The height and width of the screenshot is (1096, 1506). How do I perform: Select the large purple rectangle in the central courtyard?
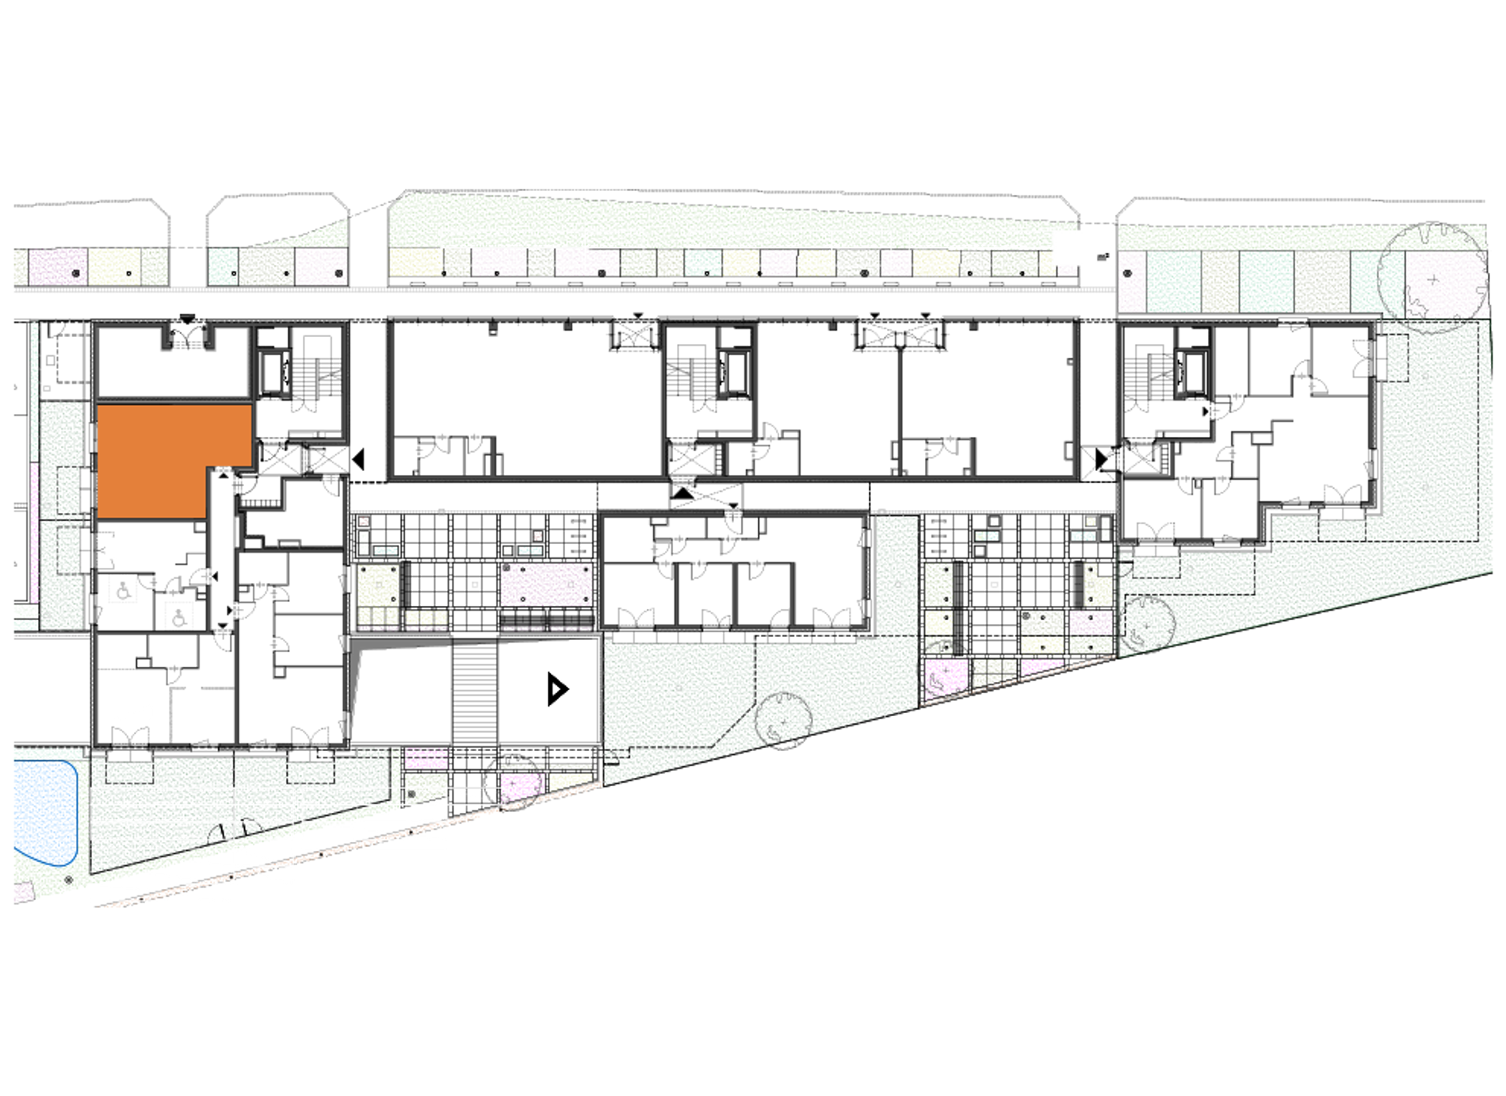coord(546,584)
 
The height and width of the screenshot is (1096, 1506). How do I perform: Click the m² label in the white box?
coord(1101,257)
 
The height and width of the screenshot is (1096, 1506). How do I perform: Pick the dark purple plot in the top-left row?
coord(57,266)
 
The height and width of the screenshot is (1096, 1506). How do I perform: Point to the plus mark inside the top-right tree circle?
coord(1432,280)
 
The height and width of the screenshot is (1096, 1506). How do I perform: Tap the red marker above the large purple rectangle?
coord(538,536)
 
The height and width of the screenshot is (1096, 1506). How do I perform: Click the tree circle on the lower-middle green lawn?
coord(782,719)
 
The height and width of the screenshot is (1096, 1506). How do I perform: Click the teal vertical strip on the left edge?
coord(34,389)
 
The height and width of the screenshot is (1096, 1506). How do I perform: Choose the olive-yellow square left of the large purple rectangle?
coord(377,585)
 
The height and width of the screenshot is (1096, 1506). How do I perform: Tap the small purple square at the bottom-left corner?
coord(22,893)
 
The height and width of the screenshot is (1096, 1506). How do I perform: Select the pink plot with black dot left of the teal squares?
coord(1131,281)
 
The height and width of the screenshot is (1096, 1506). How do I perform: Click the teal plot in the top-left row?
coord(223,266)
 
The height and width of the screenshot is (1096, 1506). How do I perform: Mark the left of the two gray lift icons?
coord(123,591)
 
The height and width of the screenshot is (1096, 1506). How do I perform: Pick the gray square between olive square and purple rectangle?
coord(475,584)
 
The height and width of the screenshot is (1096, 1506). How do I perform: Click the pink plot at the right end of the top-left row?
coord(321,266)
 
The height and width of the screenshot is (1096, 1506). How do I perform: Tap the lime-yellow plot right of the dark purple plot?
coord(114,266)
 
